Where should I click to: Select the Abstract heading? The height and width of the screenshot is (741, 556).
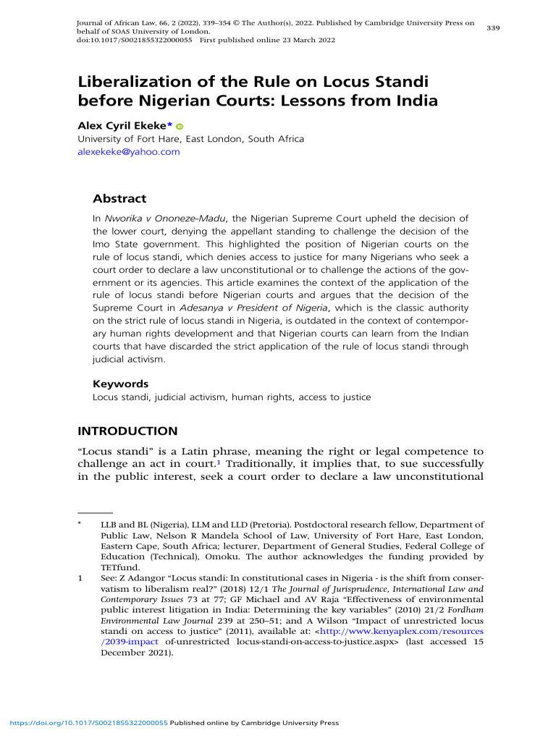click(119, 198)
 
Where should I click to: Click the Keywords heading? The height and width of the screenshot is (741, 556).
click(121, 384)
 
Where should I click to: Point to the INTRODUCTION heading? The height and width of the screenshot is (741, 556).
click(127, 431)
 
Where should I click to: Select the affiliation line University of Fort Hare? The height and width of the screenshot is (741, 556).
click(191, 139)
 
